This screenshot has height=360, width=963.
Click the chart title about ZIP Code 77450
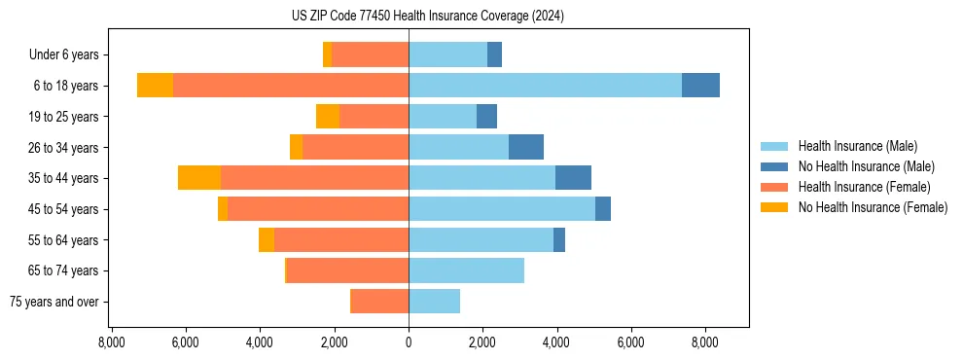pyautogui.click(x=427, y=17)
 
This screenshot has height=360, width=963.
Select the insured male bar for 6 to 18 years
pyautogui.click(x=545, y=86)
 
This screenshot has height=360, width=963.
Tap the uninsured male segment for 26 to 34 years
pyautogui.click(x=525, y=147)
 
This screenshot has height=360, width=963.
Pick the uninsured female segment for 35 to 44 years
pyautogui.click(x=199, y=178)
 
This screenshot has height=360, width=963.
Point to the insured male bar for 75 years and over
pyautogui.click(x=434, y=302)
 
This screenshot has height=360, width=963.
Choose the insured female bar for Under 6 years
pyautogui.click(x=370, y=54)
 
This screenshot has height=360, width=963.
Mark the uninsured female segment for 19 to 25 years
pyautogui.click(x=328, y=117)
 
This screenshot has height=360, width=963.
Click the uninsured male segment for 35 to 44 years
pyautogui.click(x=573, y=178)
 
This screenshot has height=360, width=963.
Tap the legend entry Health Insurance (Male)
pyautogui.click(x=857, y=146)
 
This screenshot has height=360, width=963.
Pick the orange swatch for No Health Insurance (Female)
pyautogui.click(x=774, y=207)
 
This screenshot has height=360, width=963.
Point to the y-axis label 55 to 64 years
pyautogui.click(x=63, y=240)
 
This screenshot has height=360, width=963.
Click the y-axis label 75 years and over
pyautogui.click(x=53, y=302)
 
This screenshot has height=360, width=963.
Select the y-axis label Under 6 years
pyautogui.click(x=63, y=55)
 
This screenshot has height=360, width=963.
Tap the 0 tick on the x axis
pyautogui.click(x=409, y=342)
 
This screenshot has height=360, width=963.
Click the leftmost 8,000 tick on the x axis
pyautogui.click(x=112, y=342)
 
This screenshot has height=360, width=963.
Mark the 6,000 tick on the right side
pyautogui.click(x=630, y=342)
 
